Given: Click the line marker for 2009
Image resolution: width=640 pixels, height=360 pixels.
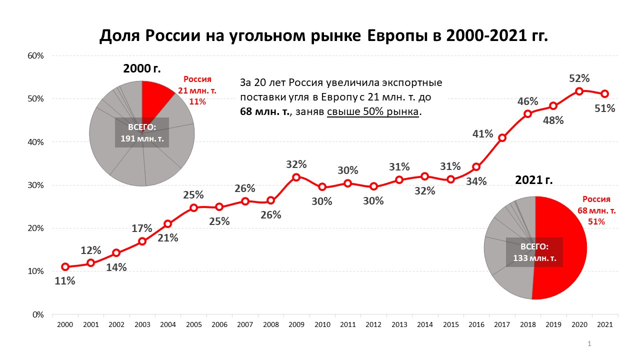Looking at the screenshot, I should tap(296, 177).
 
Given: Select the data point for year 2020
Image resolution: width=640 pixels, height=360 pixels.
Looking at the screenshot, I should tap(579, 91).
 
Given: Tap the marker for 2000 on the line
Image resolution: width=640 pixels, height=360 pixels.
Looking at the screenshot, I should tap(65, 266).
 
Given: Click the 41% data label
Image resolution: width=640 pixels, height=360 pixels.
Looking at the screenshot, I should tap(482, 134).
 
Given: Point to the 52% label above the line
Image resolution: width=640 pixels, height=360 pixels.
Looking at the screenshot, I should tap(579, 78).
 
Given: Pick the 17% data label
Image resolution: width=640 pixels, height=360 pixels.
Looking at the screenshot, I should tap(142, 228).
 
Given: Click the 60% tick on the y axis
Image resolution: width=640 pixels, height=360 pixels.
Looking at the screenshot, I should tap(35, 55).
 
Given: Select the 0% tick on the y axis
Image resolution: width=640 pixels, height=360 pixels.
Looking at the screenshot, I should tap(38, 314).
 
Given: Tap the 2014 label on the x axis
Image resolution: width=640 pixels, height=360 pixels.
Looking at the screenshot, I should tap(424, 324).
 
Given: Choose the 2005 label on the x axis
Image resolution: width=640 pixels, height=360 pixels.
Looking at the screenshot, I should tap(193, 324).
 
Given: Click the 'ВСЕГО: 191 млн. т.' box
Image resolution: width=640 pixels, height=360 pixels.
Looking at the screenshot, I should tap(142, 132).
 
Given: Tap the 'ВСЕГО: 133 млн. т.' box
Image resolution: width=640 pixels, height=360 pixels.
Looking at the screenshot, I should tap(534, 253).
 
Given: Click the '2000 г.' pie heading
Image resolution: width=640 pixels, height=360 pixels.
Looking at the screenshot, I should tap(142, 69).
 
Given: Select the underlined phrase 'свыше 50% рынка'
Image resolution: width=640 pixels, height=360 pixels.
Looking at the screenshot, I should tap(373, 112).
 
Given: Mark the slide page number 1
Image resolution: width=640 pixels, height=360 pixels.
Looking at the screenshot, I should tap(590, 344).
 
